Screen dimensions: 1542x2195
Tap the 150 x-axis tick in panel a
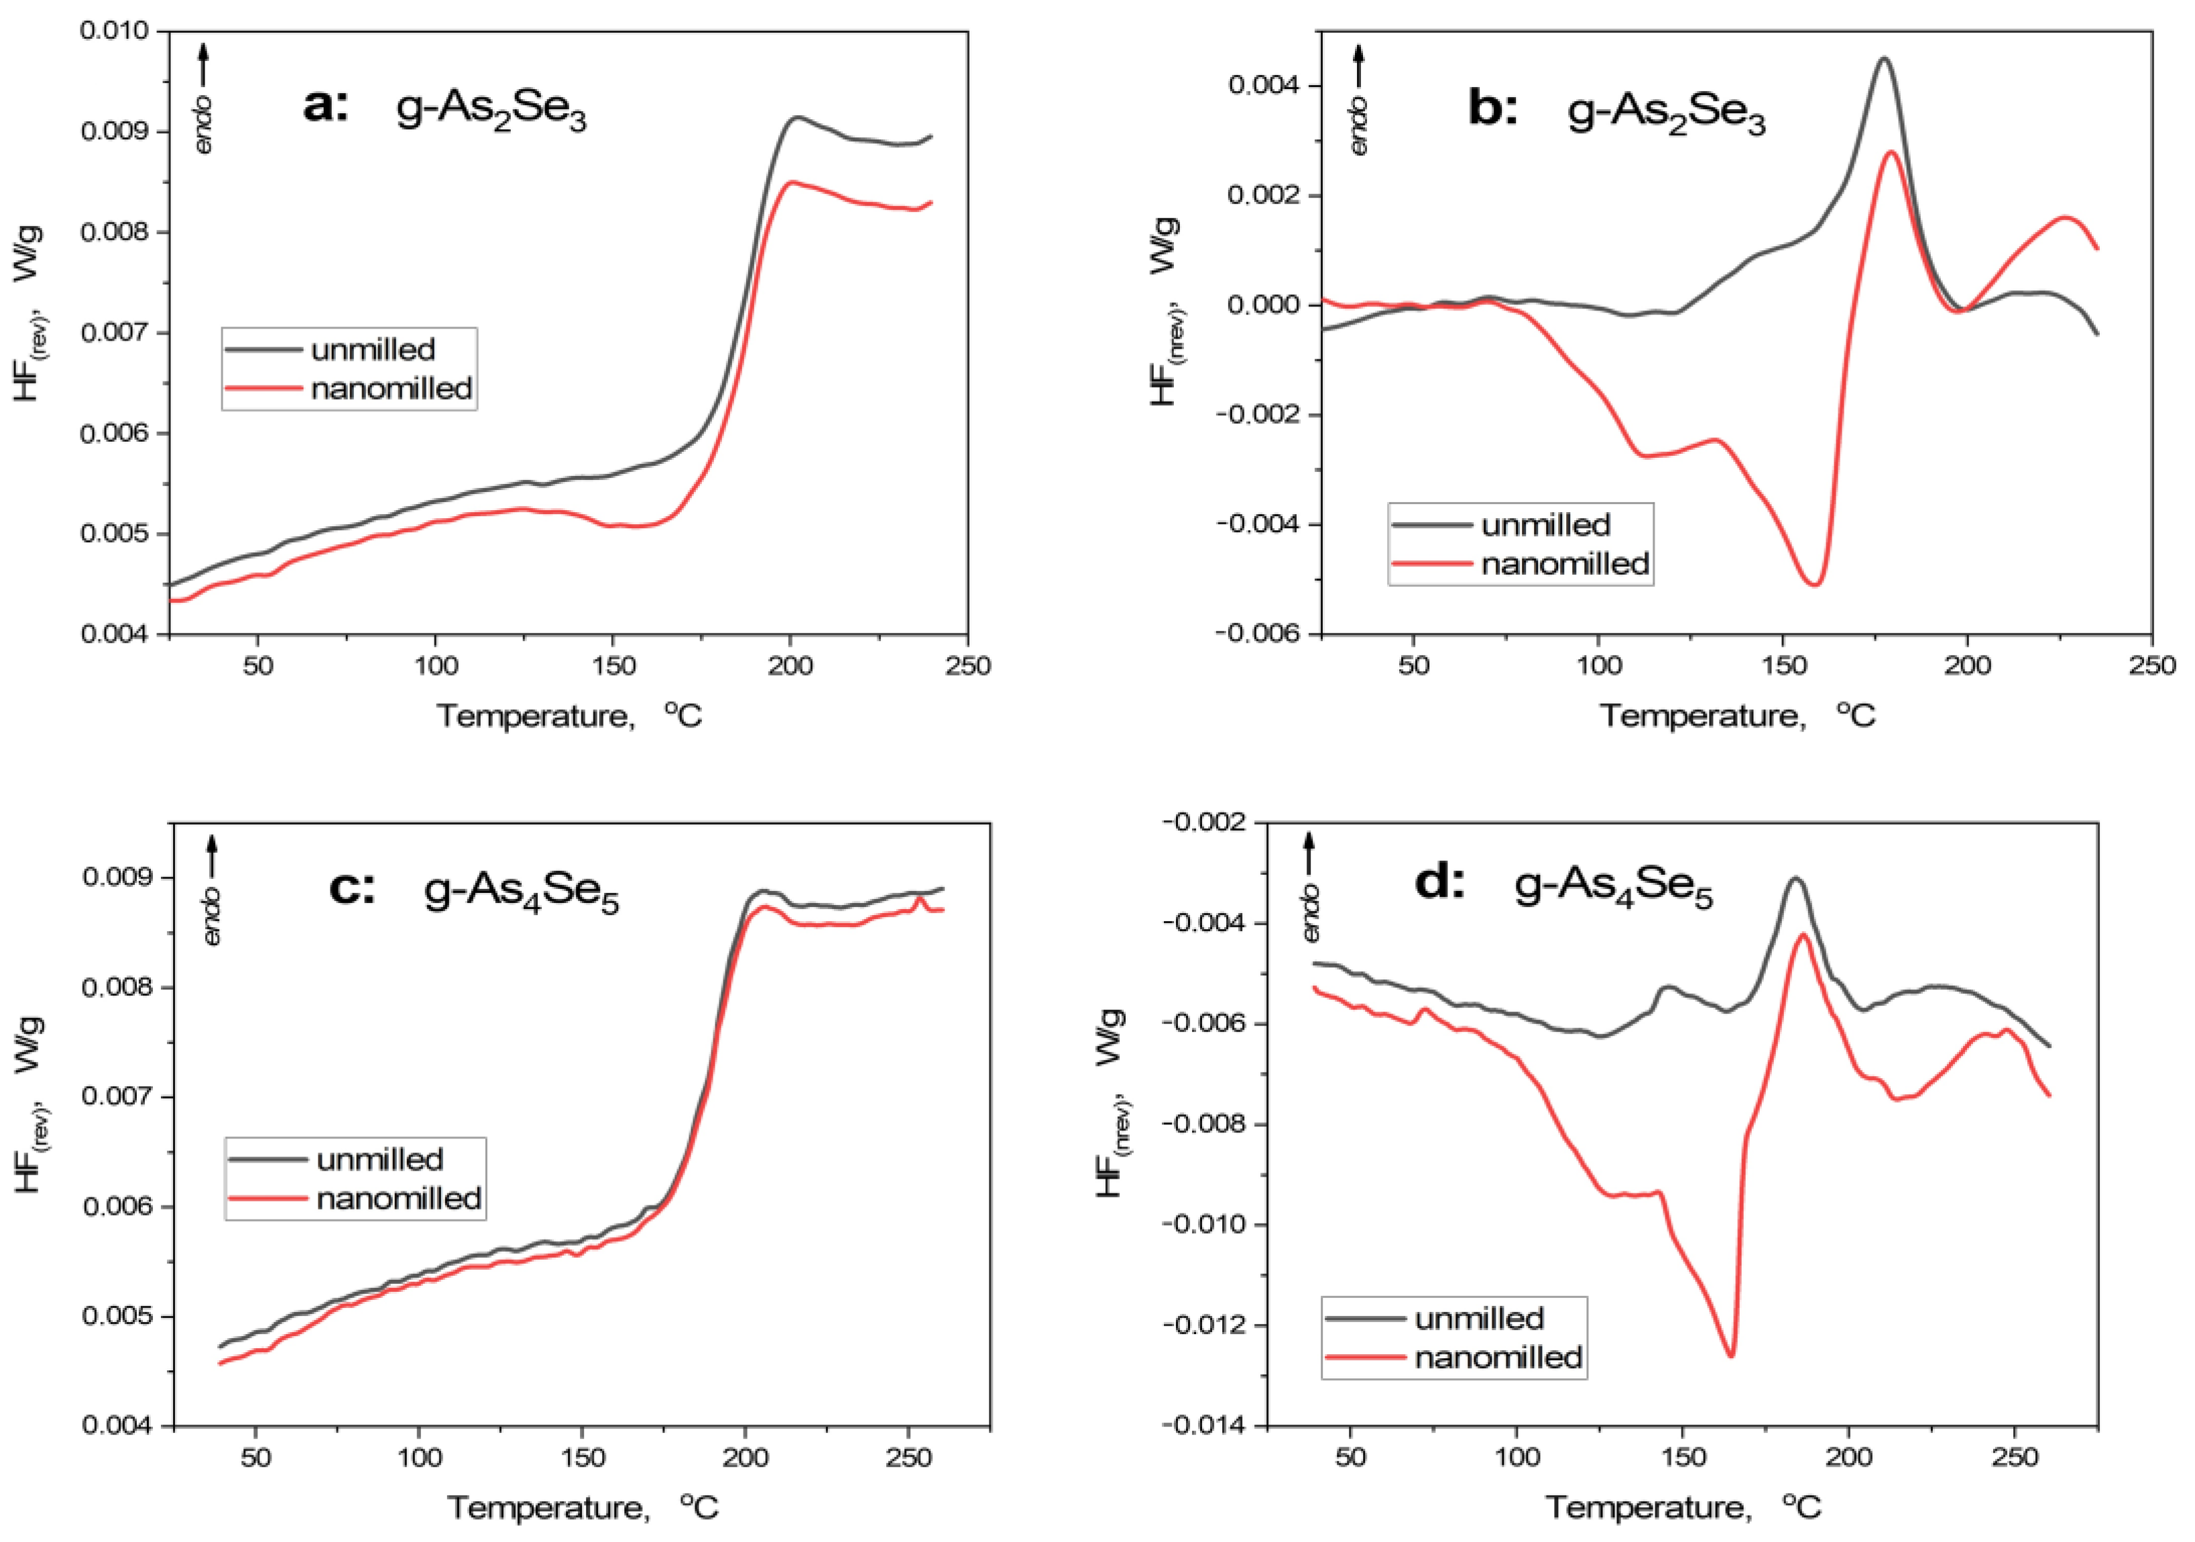pos(613,665)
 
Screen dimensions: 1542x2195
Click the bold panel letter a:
pos(326,105)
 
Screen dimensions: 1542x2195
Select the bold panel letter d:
pos(1439,882)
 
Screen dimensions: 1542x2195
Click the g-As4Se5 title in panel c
pos(522,893)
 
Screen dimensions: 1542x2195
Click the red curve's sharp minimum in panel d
pos(1730,1355)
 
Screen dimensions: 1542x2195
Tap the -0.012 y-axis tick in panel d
pos(1207,1325)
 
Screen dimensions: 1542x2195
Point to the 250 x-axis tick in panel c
pos(908,1458)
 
